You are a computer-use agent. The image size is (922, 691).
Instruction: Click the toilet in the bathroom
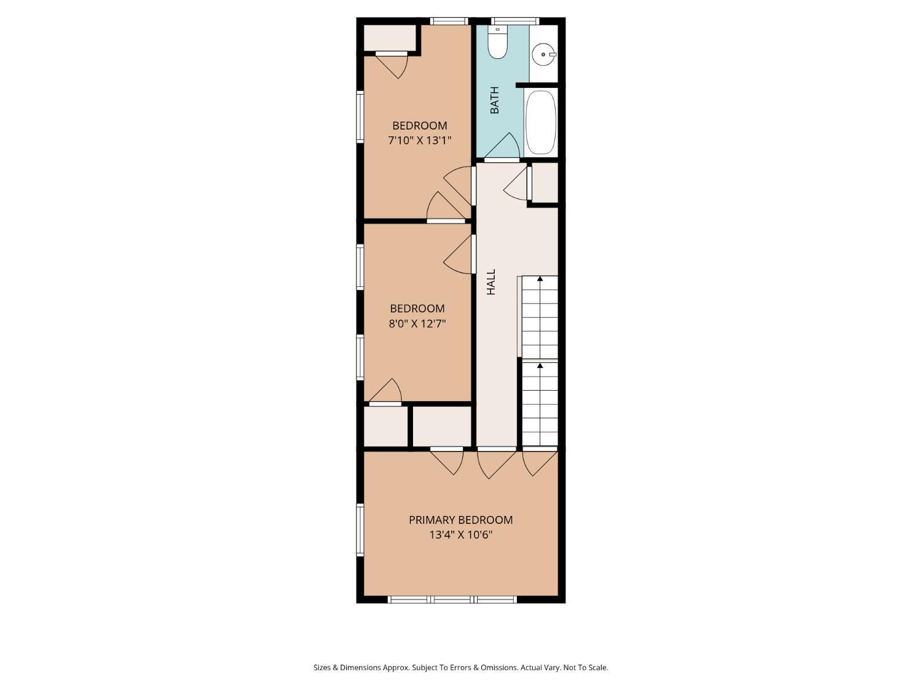pyautogui.click(x=498, y=42)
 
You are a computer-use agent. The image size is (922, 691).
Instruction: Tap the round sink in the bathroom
pyautogui.click(x=543, y=55)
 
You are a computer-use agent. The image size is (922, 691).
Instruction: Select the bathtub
pyautogui.click(x=540, y=122)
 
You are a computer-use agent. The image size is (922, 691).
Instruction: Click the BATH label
pyautogui.click(x=495, y=100)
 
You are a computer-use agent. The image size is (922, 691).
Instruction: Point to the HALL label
pyautogui.click(x=491, y=282)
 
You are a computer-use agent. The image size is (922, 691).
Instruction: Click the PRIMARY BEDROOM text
pyautogui.click(x=461, y=520)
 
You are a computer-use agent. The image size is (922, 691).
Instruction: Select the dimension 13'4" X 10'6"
pyautogui.click(x=461, y=535)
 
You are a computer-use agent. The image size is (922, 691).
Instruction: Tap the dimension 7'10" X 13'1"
pyautogui.click(x=419, y=140)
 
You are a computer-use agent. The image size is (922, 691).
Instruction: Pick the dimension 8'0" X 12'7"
pyautogui.click(x=417, y=324)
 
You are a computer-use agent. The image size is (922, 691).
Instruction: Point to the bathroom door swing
pyautogui.click(x=502, y=146)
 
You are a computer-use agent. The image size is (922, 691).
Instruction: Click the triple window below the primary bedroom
pyautogui.click(x=452, y=599)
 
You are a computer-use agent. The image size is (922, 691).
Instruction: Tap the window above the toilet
pyautogui.click(x=515, y=21)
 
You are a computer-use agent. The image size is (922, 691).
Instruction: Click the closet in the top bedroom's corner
pyautogui.click(x=389, y=38)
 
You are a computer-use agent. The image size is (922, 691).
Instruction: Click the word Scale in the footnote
pyautogui.click(x=598, y=667)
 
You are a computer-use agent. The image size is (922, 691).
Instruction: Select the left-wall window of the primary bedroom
pyautogui.click(x=360, y=530)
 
